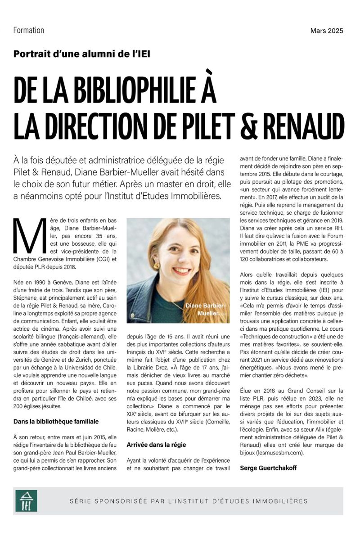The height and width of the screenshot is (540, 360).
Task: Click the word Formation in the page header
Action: tap(29, 31)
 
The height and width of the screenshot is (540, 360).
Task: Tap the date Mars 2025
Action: tap(327, 31)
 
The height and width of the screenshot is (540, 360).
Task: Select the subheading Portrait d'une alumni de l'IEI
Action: tap(81, 54)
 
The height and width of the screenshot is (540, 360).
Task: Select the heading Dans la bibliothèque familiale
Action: tap(56, 421)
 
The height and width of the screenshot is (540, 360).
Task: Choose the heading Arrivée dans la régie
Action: tap(156, 445)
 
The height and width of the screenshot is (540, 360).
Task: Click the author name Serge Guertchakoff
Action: tap(269, 468)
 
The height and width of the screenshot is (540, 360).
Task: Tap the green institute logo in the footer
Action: tap(27, 500)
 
